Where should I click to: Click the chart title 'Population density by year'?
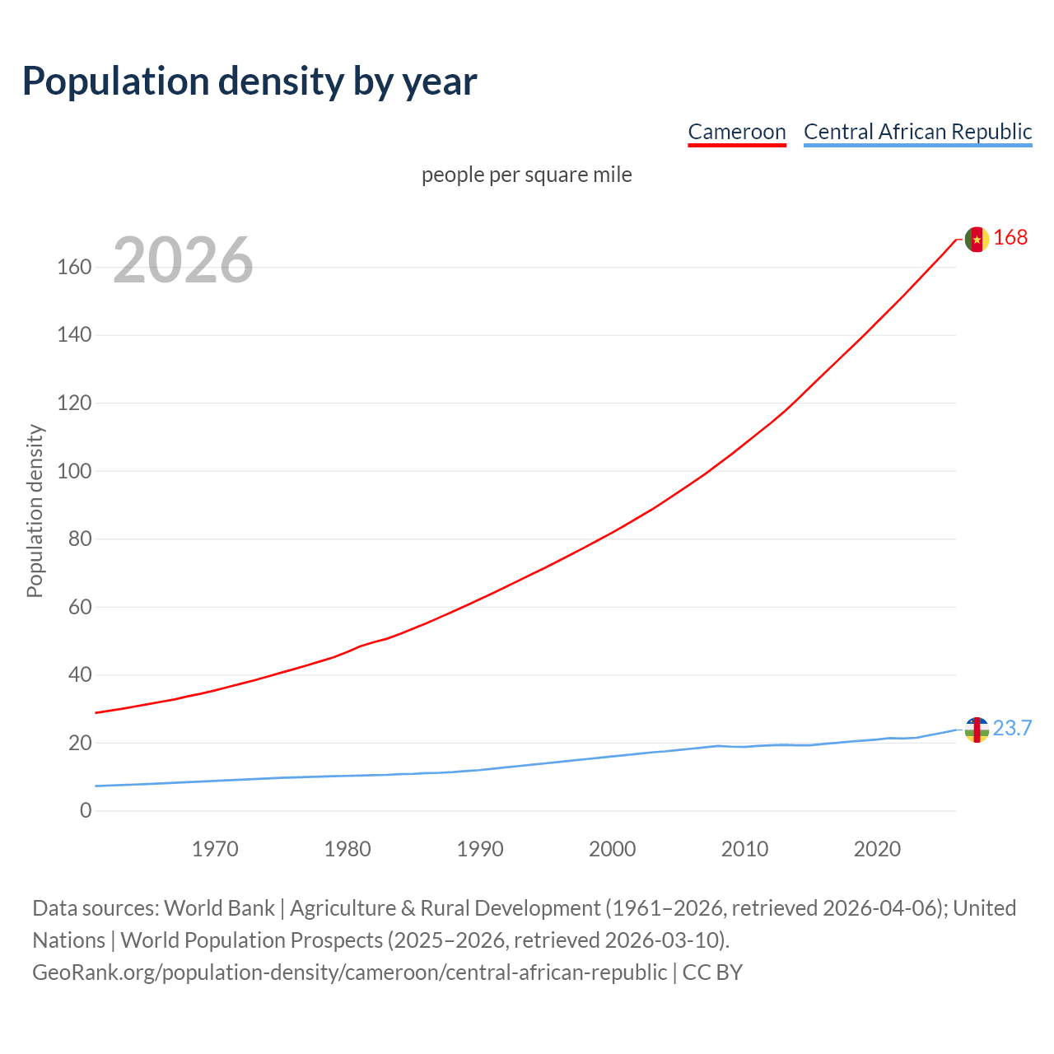(x=250, y=81)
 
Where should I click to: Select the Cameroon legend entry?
(x=737, y=132)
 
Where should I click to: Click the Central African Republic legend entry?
(x=917, y=132)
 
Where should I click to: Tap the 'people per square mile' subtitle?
(x=526, y=175)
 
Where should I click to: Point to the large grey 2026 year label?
(x=183, y=260)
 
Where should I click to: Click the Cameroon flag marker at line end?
(x=977, y=239)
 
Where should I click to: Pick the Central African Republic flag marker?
(x=977, y=730)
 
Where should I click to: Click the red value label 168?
(x=1010, y=237)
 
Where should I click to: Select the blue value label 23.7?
(x=1012, y=728)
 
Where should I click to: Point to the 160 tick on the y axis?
(x=74, y=268)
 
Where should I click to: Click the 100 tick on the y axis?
(x=74, y=472)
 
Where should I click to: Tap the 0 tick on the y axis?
(x=86, y=811)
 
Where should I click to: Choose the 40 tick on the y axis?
(x=80, y=675)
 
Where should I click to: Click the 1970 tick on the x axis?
(x=215, y=849)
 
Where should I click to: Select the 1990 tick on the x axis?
(x=480, y=849)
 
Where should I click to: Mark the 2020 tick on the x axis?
(x=877, y=849)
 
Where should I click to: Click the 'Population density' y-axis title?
(x=35, y=511)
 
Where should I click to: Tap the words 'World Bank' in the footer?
(x=219, y=908)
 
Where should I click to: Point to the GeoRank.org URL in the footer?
(x=349, y=972)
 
